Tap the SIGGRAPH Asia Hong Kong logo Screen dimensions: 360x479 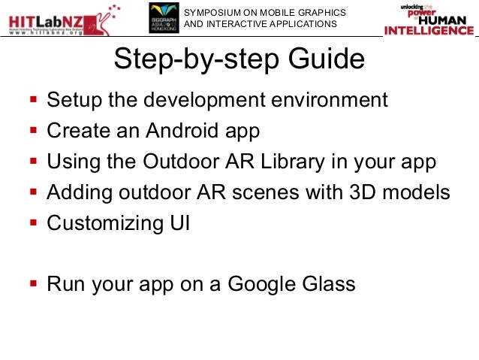(165, 19)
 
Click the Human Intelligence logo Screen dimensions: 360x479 (429, 20)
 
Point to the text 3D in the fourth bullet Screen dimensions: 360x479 (363, 192)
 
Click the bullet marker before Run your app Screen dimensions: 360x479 (32, 284)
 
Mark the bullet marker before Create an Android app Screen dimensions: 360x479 (32, 131)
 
